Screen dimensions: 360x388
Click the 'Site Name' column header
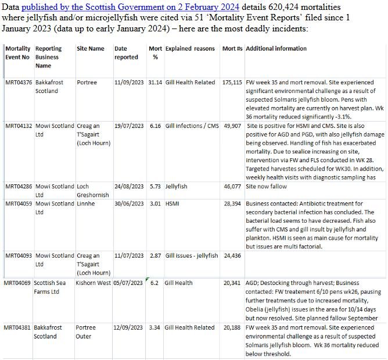[x=91, y=49]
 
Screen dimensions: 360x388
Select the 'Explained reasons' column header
[x=190, y=49]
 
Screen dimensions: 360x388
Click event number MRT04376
[x=19, y=83]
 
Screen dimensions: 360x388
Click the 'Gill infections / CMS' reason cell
[x=192, y=126]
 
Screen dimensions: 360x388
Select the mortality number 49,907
[x=233, y=126]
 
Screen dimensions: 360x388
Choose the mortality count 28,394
[x=233, y=204]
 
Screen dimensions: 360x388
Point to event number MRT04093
[x=19, y=256]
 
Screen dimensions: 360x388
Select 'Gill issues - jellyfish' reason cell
[x=192, y=256]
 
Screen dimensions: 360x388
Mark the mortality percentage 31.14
[x=155, y=83]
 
